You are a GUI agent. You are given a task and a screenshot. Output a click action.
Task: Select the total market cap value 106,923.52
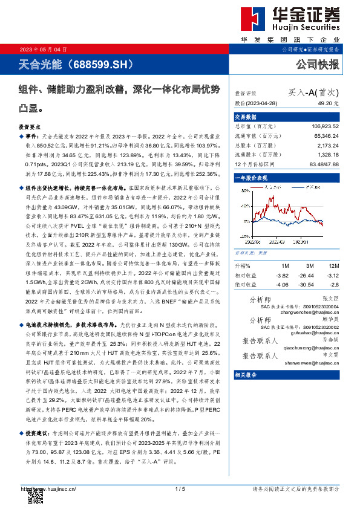[x=325, y=128]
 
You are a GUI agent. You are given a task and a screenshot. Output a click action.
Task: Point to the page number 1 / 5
[x=180, y=488]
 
